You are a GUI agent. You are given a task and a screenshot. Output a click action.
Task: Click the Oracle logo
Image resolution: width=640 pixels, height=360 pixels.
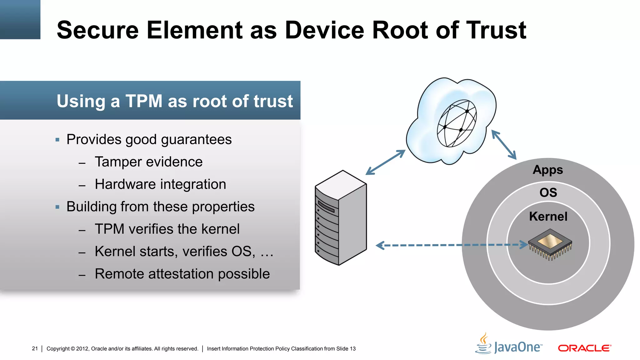584,348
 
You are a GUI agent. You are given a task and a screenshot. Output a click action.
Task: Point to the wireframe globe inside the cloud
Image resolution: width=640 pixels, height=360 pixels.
457,123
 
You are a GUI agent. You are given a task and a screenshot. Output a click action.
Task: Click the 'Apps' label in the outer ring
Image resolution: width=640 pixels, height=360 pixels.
548,170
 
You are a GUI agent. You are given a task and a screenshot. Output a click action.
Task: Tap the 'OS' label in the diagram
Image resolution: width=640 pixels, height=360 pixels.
548,192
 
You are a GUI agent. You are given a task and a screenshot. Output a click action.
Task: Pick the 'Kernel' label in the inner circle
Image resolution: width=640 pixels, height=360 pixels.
548,216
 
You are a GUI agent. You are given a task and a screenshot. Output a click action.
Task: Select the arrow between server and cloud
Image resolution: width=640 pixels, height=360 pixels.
386,162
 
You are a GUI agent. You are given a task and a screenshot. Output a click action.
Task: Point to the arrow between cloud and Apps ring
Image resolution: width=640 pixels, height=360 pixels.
504,145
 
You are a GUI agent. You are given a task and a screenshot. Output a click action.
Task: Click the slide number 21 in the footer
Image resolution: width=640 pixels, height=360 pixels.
35,348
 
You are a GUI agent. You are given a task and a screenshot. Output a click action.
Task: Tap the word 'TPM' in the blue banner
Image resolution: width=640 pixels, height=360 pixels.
144,101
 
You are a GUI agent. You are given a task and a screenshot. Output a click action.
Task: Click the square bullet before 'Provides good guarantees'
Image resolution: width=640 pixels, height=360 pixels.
57,140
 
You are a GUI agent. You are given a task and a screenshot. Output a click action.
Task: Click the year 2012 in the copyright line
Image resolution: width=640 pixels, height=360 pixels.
82,349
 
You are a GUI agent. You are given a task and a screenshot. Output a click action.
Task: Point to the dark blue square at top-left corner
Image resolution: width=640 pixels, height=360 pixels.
20,19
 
